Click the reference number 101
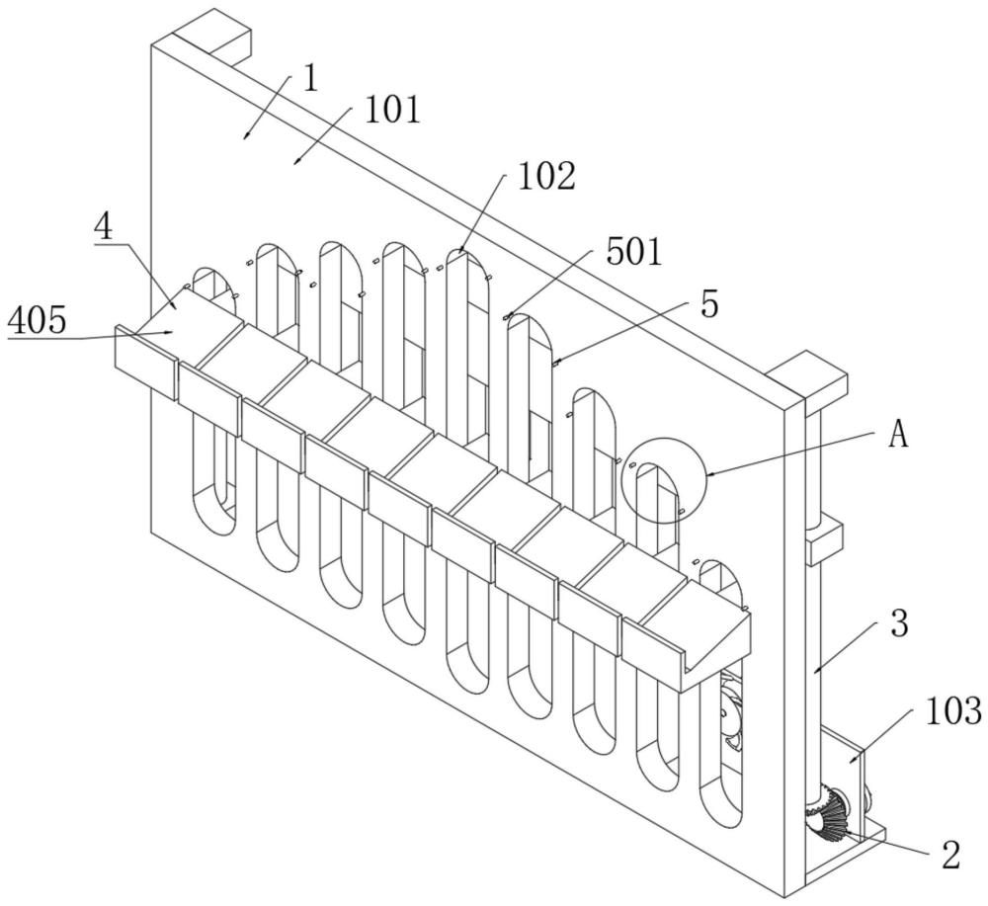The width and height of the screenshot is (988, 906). [392, 111]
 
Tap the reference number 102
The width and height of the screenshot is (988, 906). [546, 176]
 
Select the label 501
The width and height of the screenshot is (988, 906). [634, 251]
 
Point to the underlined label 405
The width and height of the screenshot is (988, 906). [37, 321]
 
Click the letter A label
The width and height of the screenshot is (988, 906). [898, 434]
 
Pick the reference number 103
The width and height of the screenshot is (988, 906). [953, 710]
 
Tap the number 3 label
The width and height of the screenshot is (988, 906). [899, 623]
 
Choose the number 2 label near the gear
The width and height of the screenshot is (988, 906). [950, 855]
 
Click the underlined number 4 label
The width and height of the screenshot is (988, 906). [104, 227]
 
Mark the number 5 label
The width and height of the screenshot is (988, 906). [709, 305]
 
